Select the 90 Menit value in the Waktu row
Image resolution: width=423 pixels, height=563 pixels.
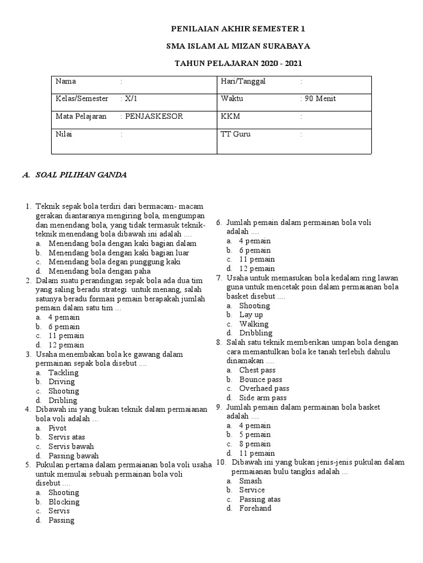[320, 99]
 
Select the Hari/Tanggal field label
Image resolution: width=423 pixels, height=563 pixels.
[243, 81]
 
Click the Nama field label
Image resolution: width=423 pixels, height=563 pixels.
[66, 81]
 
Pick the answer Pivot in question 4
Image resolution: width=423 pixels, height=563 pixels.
[57, 428]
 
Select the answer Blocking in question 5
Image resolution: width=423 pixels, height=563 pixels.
[64, 501]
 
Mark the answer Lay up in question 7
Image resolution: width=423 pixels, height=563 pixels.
[251, 314]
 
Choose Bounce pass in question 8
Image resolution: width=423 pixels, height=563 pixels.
[261, 379]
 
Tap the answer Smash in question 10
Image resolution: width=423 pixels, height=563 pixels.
[250, 481]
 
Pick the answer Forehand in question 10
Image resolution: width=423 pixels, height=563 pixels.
[255, 509]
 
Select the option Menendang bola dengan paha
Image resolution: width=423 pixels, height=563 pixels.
[100, 271]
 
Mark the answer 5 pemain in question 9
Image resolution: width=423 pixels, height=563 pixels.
[254, 435]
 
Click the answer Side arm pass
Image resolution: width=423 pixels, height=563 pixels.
[263, 398]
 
